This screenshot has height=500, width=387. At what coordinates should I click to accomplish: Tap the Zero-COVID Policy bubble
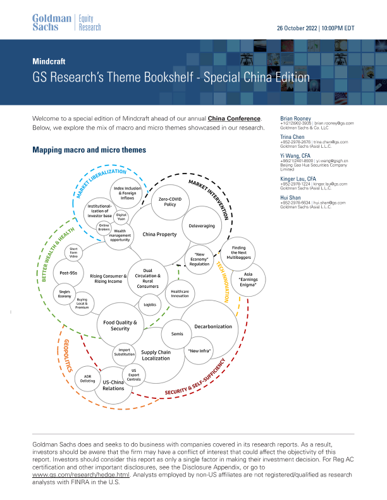coord(161,201)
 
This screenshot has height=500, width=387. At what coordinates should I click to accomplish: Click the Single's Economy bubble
coord(64,293)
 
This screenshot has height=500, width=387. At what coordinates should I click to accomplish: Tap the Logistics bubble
coord(150,304)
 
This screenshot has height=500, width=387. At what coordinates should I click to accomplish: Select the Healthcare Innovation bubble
coord(180,294)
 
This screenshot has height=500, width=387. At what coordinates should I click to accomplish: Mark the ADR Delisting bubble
coord(88,379)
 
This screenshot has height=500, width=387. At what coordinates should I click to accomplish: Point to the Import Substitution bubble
coord(124,352)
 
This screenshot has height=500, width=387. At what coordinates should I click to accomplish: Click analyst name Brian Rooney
coord(295,118)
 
